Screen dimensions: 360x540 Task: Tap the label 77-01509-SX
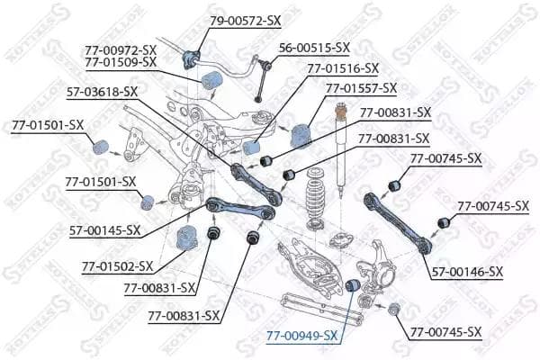[x=121, y=62]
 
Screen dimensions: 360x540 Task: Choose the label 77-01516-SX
[x=343, y=67]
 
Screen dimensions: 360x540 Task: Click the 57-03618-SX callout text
[x=103, y=91]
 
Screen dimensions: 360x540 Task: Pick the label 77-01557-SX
[x=361, y=88]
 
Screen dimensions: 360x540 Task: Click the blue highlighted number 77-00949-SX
[x=301, y=336]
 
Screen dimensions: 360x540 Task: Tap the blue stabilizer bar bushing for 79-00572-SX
[x=190, y=59]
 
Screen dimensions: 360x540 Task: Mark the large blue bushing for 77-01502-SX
[x=187, y=238]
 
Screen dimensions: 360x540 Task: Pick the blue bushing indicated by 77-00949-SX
[x=354, y=286]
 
